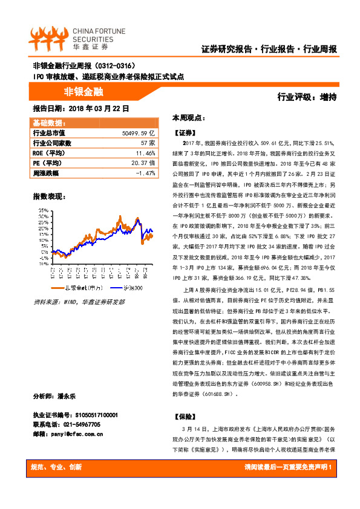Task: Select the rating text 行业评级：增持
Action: pos(307,96)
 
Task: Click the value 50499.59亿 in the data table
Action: pos(139,132)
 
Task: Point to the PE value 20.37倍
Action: pos(143,163)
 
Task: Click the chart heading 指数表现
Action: pos(48,197)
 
